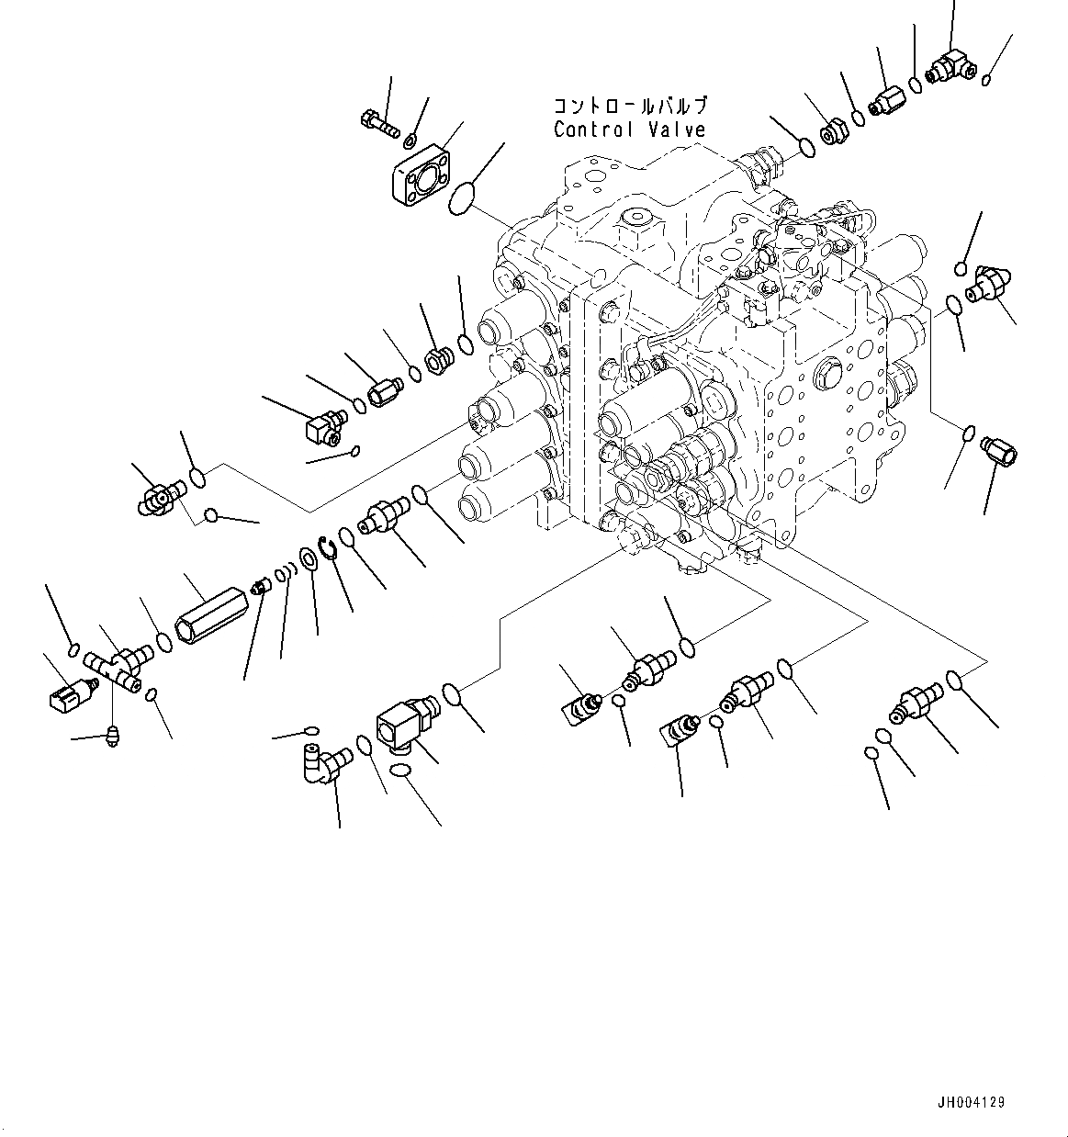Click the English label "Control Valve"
[x=629, y=129]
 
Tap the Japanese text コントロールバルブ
[x=630, y=106]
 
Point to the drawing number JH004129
[x=971, y=1101]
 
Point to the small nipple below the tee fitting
[x=114, y=735]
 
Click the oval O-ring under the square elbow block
[x=400, y=772]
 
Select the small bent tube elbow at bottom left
[x=322, y=764]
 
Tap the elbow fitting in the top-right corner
[x=950, y=65]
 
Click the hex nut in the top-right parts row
[x=832, y=133]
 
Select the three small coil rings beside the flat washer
[x=284, y=576]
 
